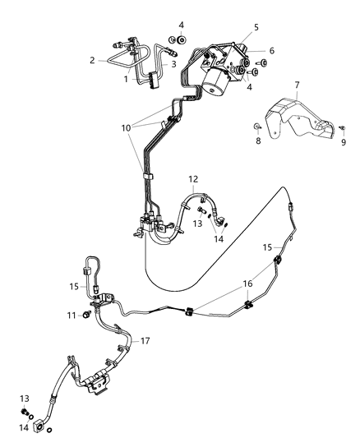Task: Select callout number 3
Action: tap(173, 64)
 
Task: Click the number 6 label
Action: tap(272, 51)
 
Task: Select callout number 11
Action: tap(72, 316)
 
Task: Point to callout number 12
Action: tap(193, 178)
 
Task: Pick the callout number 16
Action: tap(247, 284)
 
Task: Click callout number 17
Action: tap(145, 341)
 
